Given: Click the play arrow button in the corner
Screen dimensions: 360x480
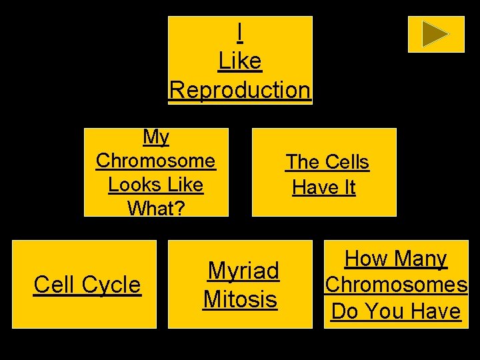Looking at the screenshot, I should pos(436,34).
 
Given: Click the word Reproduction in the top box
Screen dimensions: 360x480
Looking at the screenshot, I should pos(240,89).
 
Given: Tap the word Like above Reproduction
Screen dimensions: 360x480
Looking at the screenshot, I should pos(240,61).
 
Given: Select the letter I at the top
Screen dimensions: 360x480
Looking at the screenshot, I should pos(240,32).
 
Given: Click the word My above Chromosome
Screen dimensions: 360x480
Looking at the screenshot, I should pos(156,137).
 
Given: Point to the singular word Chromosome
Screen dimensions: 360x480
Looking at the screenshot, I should pos(156,161).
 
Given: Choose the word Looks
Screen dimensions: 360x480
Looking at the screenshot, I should pos(131,184).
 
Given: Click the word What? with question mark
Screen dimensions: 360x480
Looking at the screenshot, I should pos(156,208).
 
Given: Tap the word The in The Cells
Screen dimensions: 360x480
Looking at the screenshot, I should pos(303,162).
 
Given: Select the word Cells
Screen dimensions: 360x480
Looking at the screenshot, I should pos(346,162).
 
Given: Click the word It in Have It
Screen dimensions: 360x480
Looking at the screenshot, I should pos(347,188).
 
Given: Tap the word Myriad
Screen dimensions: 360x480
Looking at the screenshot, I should pos(243,271).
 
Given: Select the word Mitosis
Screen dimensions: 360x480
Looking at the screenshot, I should pos(240,299).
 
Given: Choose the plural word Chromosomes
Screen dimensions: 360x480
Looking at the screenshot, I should pos(396,285).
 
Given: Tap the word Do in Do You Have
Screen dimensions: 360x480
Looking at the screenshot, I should pos(345,311).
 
